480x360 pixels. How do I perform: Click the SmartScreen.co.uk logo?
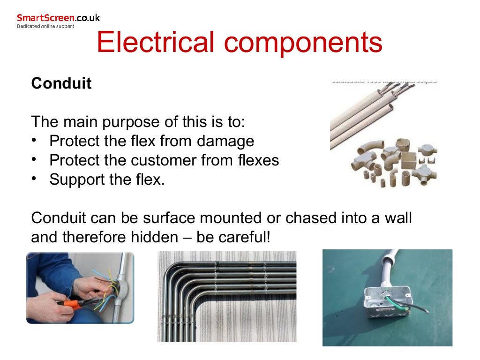(x=58, y=18)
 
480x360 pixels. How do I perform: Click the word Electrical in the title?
(x=155, y=42)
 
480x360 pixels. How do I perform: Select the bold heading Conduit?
(x=61, y=84)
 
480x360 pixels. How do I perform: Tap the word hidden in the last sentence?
(x=151, y=237)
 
